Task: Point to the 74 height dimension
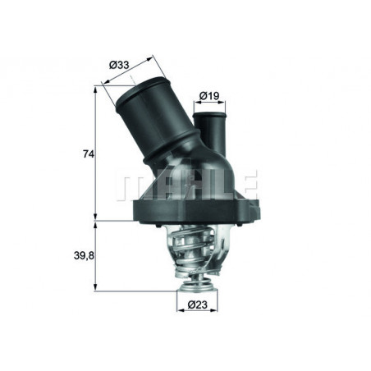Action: pyautogui.click(x=78, y=153)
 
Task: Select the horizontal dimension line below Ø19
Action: pyautogui.click(x=210, y=106)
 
